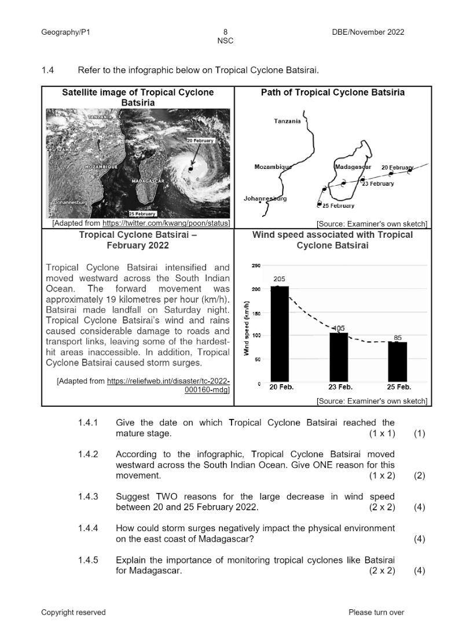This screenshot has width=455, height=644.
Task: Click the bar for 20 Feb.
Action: click(280, 334)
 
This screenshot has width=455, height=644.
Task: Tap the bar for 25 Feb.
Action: click(398, 362)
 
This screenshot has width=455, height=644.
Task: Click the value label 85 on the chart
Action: click(398, 337)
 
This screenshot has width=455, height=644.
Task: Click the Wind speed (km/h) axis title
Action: click(247, 328)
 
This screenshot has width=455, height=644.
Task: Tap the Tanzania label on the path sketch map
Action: click(287, 121)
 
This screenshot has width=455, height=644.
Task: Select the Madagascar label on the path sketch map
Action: click(353, 167)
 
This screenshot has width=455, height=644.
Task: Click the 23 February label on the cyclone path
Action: click(377, 183)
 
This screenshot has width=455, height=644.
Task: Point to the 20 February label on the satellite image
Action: click(200, 141)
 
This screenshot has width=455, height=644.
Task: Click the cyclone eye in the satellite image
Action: click(190, 168)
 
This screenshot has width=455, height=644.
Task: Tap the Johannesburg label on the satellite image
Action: click(71, 203)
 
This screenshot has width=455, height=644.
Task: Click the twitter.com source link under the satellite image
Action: click(166, 223)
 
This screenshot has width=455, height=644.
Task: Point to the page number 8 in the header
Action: click(225, 32)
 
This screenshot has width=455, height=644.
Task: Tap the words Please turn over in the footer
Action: click(376, 612)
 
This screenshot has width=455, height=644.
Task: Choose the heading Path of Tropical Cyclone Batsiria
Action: click(332, 93)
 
